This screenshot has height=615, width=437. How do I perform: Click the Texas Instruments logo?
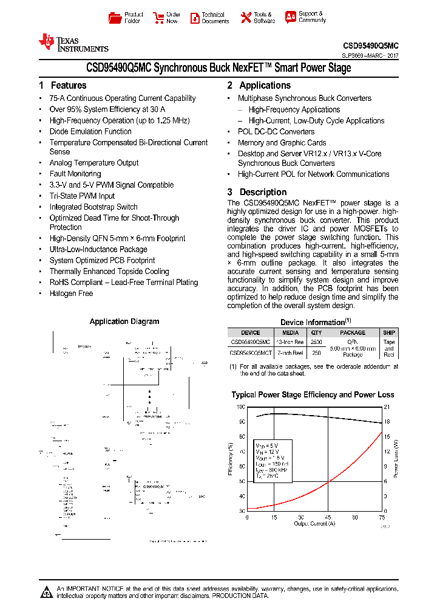(x=73, y=43)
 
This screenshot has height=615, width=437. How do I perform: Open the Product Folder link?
(x=126, y=18)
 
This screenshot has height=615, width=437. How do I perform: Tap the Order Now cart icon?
(x=158, y=18)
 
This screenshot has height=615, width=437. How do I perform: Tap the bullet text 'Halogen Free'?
(x=71, y=294)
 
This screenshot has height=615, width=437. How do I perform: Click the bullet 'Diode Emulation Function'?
(x=90, y=131)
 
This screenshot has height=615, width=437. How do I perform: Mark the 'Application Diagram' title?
(x=124, y=321)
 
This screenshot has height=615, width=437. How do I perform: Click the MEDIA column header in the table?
(x=291, y=332)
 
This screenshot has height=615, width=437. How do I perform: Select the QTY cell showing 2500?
(x=316, y=342)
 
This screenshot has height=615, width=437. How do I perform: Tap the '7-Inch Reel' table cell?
(x=291, y=352)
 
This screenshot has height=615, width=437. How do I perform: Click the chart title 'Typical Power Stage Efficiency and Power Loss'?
(x=313, y=394)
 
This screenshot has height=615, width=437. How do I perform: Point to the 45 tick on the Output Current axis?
(x=328, y=518)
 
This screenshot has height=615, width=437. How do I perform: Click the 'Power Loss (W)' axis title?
(x=396, y=458)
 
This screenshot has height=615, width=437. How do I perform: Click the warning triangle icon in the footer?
(x=47, y=591)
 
